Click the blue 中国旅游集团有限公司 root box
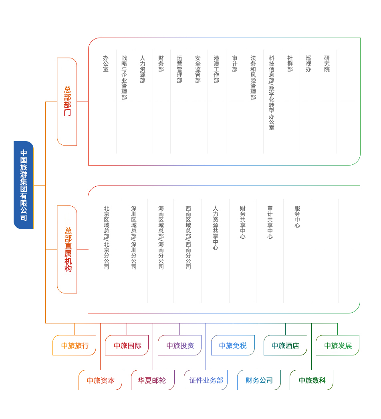24,185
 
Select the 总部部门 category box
67,102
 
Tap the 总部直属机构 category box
67,249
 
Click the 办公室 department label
106,64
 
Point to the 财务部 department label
161,64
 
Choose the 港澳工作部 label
216,69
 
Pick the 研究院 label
327,64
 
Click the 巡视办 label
308,64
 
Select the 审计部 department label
235,64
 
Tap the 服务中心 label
297,217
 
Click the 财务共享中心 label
243,222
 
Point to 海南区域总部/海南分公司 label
161,237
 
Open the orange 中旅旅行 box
75,345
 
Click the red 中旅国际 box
127,345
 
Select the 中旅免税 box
233,345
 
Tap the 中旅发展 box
338,345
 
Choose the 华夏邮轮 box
153,380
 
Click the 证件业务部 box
206,380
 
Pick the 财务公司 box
259,380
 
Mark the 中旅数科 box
312,380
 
